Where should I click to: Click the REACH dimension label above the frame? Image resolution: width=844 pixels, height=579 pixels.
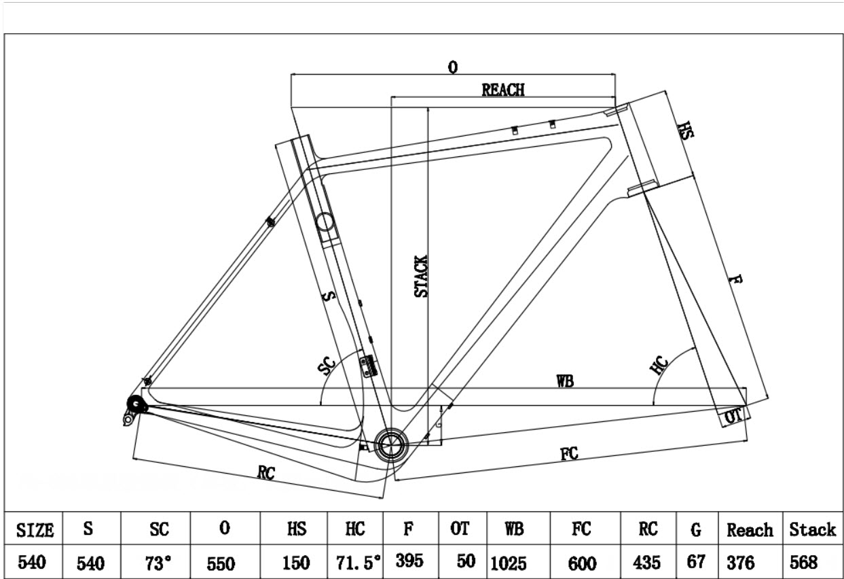[503, 90]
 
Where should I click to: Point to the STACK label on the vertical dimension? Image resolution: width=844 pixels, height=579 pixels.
[422, 277]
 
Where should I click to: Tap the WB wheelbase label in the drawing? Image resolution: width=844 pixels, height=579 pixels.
[565, 381]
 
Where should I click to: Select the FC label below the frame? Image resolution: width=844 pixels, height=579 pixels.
[570, 454]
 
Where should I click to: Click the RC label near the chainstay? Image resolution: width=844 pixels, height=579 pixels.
[266, 474]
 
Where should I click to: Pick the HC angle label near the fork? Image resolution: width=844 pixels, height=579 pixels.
[659, 365]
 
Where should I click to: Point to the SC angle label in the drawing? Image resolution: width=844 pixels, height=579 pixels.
[327, 368]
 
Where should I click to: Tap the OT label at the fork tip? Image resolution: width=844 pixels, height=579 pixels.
[732, 416]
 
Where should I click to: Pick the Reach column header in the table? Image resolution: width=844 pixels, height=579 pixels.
[750, 529]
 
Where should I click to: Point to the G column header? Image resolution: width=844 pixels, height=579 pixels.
[695, 529]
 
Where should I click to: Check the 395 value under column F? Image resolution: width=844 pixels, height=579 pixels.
[410, 561]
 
